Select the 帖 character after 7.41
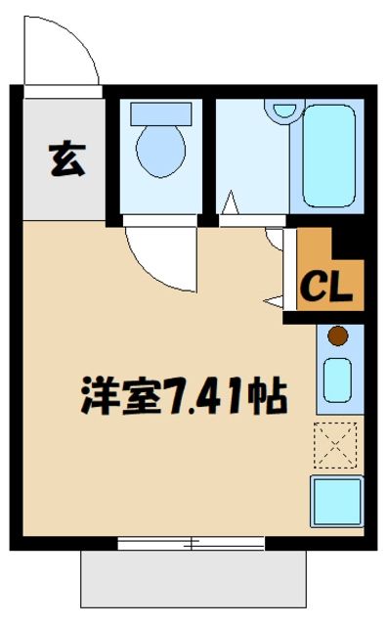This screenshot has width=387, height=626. coord(268,397)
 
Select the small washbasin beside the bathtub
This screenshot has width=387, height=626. coord(284,110)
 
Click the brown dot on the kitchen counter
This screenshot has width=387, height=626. coord(337,337)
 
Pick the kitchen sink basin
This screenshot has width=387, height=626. coord(338,380)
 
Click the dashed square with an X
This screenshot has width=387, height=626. coord(338,444)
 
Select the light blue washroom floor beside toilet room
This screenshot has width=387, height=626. coord(249,156)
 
